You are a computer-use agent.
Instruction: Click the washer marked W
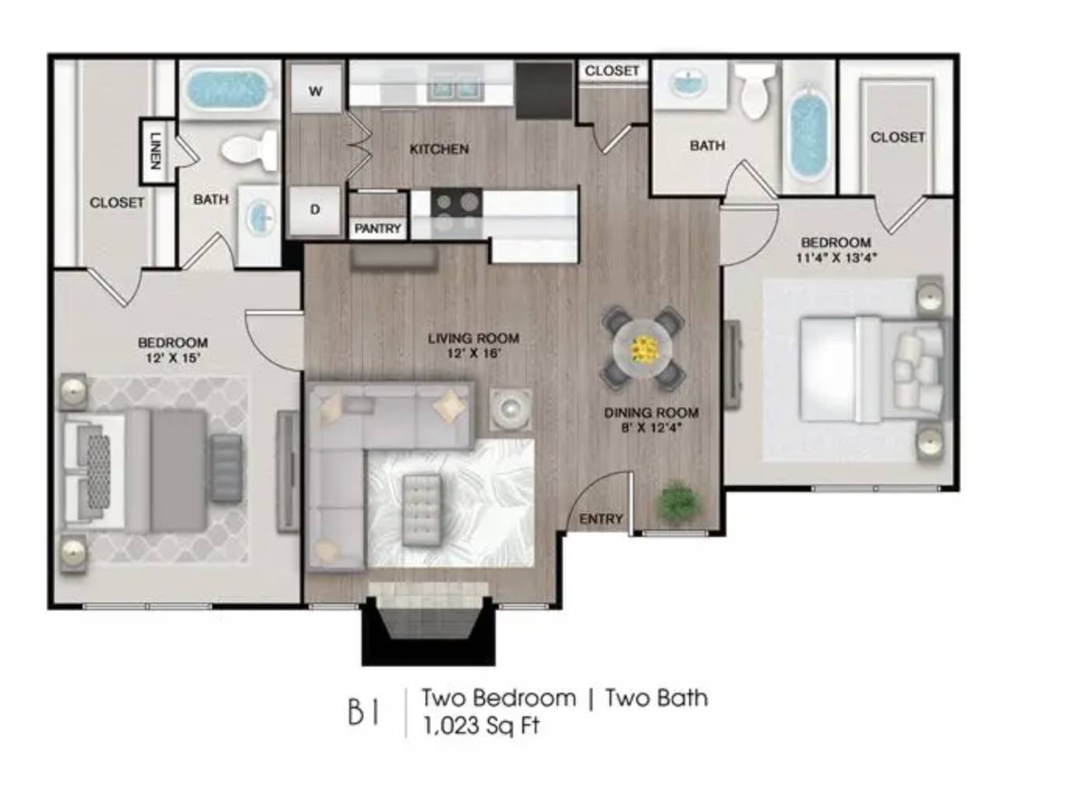tap(316, 89)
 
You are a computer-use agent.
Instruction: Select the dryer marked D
tap(316, 210)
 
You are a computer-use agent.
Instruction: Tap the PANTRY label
tap(378, 228)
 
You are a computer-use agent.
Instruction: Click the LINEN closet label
tap(155, 151)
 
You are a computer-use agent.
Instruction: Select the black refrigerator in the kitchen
tap(544, 90)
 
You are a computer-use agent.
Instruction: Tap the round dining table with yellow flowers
tap(643, 348)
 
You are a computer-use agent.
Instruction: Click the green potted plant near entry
tap(678, 502)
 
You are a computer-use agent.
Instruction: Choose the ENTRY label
tap(601, 519)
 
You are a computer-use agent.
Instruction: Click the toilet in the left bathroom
tap(250, 152)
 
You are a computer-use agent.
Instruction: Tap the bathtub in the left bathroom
tap(231, 89)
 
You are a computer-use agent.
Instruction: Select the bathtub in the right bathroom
tap(808, 134)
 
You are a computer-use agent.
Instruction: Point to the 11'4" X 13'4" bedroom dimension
tap(836, 257)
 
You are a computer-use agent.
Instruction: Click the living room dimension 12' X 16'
tap(473, 354)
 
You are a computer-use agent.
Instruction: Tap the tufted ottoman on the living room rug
tap(422, 510)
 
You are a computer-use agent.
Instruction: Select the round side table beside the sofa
tap(511, 409)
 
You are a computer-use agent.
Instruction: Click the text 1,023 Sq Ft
tap(481, 726)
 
